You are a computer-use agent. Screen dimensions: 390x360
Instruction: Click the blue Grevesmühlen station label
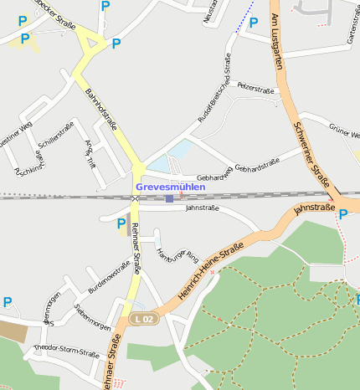170,187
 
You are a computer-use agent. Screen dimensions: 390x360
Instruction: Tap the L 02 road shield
144,319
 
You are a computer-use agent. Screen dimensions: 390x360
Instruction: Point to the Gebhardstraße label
256,168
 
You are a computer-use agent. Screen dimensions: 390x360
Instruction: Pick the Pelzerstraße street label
255,85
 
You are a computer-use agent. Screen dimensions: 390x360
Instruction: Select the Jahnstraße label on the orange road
314,208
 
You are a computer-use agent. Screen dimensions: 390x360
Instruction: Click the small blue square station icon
169,198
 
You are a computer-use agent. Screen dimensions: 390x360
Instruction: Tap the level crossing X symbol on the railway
135,198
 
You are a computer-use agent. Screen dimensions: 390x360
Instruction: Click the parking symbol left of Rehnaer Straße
121,223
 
